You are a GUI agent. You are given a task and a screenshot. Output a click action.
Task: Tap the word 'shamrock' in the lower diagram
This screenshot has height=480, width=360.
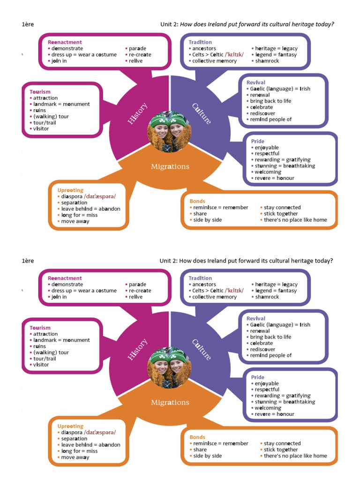(267, 297)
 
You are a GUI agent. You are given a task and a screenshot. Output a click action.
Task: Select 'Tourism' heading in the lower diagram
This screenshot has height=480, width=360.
(40, 328)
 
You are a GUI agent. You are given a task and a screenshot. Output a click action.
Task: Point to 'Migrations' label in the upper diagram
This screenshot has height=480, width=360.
(170, 166)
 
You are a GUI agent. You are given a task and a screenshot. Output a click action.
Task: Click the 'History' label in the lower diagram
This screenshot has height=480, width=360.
(137, 349)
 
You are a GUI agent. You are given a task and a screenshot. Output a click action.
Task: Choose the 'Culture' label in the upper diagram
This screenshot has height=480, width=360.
(202, 113)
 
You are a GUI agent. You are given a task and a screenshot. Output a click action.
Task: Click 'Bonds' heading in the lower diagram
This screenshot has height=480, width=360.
(197, 437)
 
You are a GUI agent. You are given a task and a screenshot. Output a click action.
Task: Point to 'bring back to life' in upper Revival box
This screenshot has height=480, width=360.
(270, 101)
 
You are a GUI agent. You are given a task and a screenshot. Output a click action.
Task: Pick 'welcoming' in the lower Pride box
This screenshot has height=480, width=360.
(268, 408)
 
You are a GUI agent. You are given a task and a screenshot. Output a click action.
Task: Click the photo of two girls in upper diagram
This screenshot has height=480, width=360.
(170, 132)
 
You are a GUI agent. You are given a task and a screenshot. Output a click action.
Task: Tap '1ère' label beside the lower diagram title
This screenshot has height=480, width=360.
(28, 261)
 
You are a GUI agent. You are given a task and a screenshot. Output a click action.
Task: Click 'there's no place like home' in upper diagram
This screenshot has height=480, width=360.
(295, 220)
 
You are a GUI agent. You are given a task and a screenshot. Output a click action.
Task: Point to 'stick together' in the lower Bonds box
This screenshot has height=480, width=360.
(281, 450)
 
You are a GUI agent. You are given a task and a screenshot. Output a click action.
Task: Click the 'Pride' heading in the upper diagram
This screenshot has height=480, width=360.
(257, 141)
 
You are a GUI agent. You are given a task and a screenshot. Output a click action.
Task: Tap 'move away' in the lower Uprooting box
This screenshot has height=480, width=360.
(75, 457)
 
